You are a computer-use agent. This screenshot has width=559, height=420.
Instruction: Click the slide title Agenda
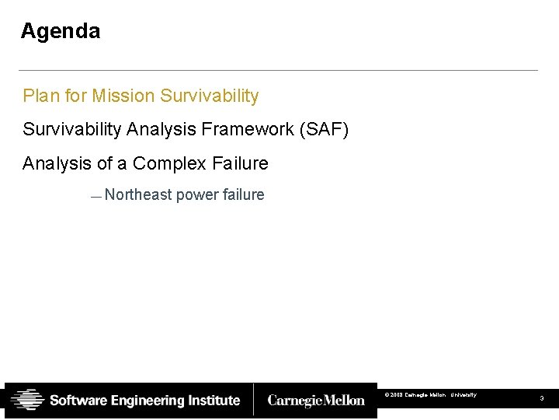61,31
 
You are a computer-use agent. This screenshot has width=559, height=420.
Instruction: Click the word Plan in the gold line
39,96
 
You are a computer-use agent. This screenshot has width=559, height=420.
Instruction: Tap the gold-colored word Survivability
209,96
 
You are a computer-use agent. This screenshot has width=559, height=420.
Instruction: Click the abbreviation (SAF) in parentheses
324,129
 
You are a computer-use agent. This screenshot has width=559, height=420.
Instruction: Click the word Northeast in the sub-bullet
137,194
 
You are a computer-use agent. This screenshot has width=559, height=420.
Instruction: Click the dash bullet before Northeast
95,197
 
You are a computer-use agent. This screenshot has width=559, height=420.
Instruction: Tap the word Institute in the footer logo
214,401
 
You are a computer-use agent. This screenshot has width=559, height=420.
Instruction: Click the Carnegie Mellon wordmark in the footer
315,401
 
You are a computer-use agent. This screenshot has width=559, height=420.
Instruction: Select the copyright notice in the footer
430,395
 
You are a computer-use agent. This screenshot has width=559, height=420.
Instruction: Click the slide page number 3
542,398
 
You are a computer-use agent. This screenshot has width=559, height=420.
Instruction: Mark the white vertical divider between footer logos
254,400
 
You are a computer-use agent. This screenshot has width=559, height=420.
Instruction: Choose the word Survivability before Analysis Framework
72,129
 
